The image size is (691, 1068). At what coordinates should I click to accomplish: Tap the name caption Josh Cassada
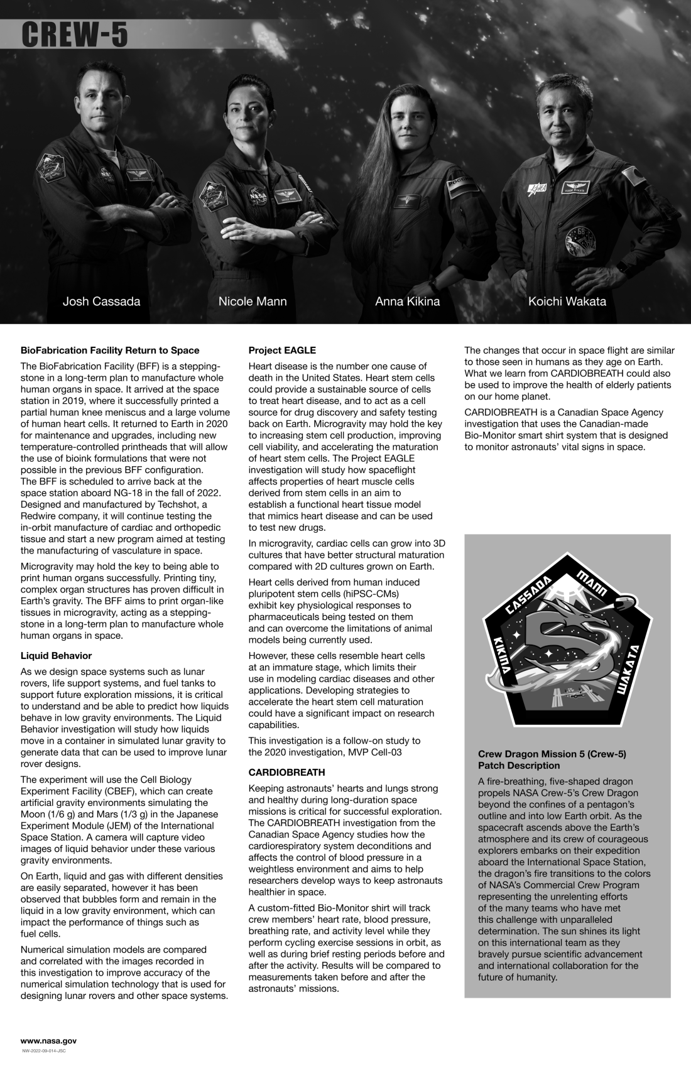(101, 302)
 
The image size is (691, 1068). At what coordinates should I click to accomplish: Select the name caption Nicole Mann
(253, 302)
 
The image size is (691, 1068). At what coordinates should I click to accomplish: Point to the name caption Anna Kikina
(407, 302)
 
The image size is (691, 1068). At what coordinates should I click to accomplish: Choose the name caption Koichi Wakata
(567, 302)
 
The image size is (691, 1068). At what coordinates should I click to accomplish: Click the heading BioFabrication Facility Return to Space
(110, 351)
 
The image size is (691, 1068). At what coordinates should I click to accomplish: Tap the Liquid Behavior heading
(56, 656)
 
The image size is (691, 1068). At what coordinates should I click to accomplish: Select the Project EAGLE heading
(282, 351)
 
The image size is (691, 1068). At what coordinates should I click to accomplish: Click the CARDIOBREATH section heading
(286, 772)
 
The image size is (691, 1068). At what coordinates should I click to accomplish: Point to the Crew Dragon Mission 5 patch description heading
(552, 760)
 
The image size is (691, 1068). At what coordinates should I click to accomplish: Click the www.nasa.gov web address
(48, 1041)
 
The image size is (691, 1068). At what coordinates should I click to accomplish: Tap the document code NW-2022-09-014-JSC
(44, 1051)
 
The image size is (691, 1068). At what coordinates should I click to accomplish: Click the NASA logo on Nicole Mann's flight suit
(259, 197)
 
